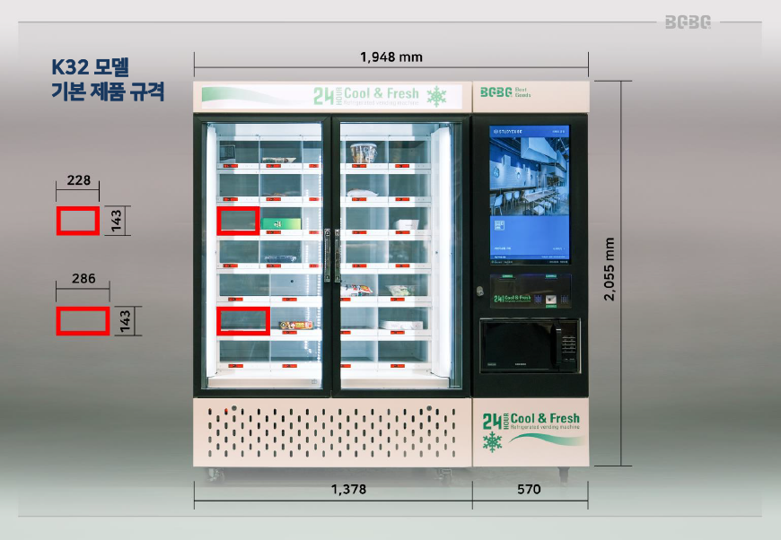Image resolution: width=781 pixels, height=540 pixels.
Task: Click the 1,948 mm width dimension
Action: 390,57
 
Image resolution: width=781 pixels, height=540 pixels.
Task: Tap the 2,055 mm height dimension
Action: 610,269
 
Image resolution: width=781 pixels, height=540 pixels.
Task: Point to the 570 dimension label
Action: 530,490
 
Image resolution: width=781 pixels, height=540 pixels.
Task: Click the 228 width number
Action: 78,180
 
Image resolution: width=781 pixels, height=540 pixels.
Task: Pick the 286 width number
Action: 83,279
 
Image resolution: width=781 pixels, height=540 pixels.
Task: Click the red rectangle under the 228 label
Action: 78,221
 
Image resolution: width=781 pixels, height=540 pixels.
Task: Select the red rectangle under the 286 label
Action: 83,320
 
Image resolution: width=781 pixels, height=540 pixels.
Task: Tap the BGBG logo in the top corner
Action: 688,22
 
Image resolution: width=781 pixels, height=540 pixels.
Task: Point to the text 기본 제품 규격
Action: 108,92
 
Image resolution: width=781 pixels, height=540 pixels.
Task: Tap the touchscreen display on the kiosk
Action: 530,193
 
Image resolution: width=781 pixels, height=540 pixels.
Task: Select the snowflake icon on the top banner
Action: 437,96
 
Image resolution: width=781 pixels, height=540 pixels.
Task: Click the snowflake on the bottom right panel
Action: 493,441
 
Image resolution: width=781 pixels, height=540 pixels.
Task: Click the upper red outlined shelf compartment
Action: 238,221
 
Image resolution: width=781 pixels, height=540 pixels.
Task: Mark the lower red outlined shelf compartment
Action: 243,320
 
